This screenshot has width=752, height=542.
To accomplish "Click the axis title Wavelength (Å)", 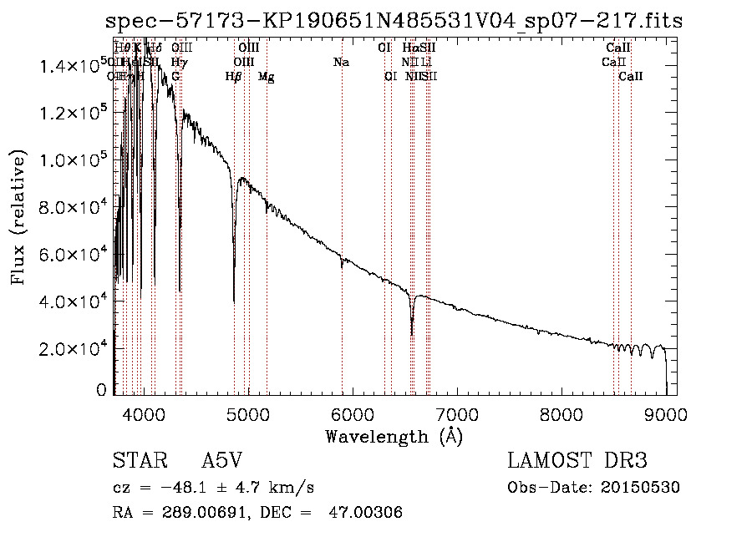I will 394,436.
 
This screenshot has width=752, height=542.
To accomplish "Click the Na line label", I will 341,62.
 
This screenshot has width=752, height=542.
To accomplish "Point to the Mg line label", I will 267,77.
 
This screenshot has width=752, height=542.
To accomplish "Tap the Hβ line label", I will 234,77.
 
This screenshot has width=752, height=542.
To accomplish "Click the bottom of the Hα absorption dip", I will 412,334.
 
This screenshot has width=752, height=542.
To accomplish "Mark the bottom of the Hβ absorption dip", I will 234,301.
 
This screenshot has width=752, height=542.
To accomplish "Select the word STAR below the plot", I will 140,461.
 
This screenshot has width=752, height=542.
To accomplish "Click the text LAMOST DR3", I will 577,461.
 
